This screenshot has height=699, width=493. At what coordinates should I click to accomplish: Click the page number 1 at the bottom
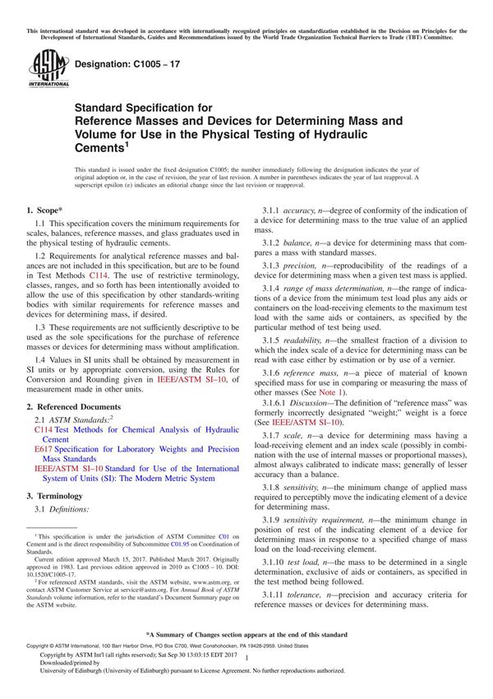coord(246,671)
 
